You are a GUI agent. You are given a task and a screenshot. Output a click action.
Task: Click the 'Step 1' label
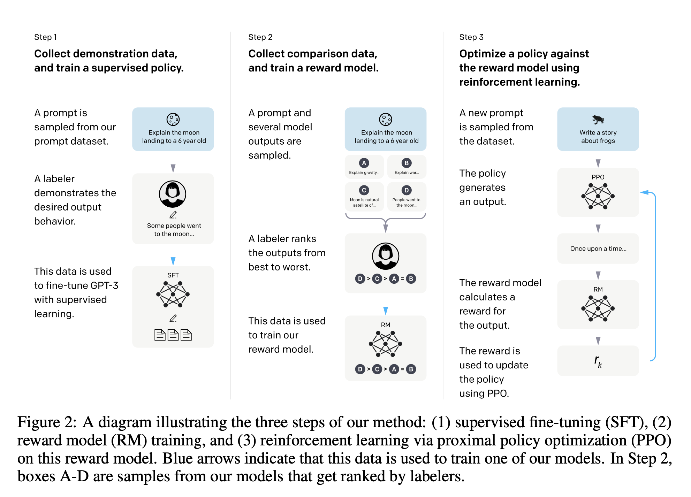click(x=45, y=37)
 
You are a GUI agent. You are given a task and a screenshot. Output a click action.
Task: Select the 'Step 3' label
click(x=471, y=37)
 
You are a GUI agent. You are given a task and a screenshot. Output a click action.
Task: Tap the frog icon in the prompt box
click(x=598, y=120)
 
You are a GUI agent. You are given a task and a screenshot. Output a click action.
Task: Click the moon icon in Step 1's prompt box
click(x=173, y=120)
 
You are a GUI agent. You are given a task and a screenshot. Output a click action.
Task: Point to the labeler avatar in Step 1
click(x=173, y=194)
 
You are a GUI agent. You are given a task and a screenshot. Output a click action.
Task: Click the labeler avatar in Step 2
click(x=386, y=256)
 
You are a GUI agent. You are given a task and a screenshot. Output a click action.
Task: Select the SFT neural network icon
click(x=173, y=295)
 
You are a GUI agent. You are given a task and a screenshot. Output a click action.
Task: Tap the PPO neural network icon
click(x=598, y=196)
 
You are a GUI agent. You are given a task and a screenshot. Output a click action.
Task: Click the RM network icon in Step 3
click(x=598, y=308)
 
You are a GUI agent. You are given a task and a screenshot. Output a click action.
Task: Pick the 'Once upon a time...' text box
click(x=598, y=248)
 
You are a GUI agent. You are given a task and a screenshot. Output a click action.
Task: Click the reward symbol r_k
click(x=598, y=361)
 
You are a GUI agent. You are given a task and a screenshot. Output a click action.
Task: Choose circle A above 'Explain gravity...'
click(x=364, y=163)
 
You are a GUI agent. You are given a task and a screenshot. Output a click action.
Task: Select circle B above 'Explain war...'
click(x=407, y=163)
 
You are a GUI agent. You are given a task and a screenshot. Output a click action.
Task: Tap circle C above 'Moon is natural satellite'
click(x=364, y=190)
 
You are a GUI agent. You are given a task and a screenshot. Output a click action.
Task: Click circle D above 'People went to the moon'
click(x=407, y=190)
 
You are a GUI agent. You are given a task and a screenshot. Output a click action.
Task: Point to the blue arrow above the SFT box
click(x=173, y=261)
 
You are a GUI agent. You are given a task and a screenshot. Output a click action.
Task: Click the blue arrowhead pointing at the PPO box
click(x=644, y=192)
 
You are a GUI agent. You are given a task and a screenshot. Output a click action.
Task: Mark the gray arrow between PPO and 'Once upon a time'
click(x=598, y=229)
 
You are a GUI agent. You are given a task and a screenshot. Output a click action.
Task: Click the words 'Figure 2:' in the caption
click(x=47, y=422)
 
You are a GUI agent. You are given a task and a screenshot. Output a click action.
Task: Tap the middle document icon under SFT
click(x=173, y=335)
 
